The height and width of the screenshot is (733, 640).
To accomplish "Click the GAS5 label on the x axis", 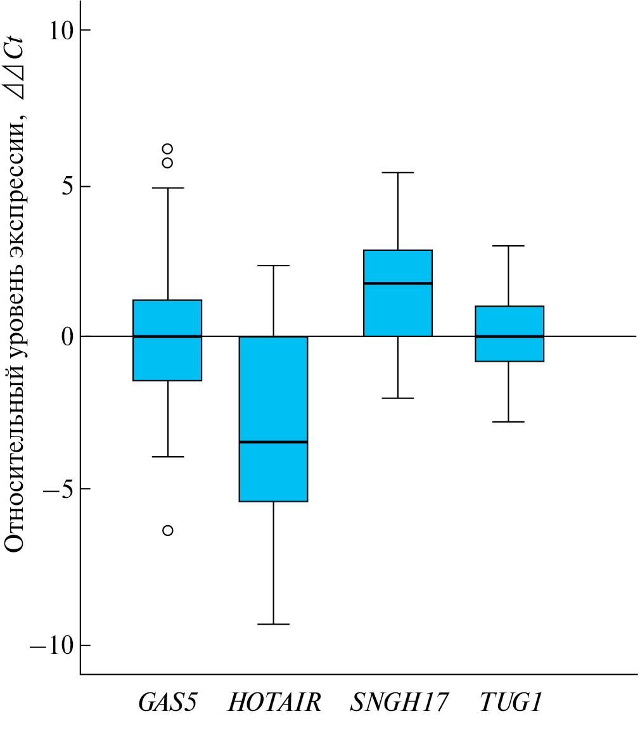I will [x=167, y=703].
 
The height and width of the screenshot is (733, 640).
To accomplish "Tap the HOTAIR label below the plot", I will [x=274, y=703].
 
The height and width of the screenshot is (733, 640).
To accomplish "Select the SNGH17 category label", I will [x=399, y=703].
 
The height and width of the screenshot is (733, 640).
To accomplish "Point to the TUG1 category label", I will [x=510, y=703].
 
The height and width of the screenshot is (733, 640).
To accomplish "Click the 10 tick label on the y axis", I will [x=61, y=30].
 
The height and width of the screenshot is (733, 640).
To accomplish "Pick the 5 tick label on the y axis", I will [x=67, y=186].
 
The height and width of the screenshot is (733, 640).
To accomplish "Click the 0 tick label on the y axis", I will [x=67, y=336].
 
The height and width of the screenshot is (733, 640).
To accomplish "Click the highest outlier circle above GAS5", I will [x=167, y=149].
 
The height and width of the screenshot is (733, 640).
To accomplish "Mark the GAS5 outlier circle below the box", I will [x=167, y=530].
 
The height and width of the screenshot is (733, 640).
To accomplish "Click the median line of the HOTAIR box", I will [x=273, y=442].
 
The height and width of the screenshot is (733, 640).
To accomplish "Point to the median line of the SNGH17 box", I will [x=398, y=283].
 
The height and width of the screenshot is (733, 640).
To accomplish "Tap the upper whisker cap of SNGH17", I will [x=398, y=172].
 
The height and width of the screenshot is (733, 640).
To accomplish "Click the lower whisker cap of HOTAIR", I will [x=273, y=624].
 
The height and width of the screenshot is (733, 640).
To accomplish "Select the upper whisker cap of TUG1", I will [x=509, y=245].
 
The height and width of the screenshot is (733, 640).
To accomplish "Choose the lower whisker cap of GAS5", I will [x=167, y=456].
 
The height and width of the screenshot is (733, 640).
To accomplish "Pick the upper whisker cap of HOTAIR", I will [x=273, y=265].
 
